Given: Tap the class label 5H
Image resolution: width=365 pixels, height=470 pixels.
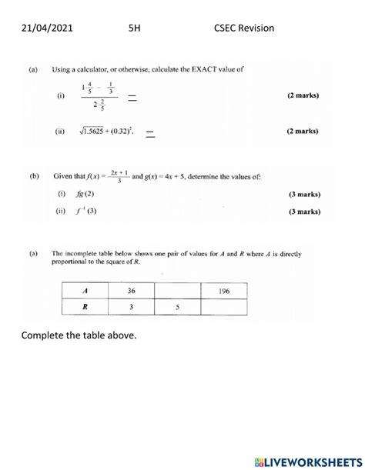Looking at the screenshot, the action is [x=136, y=28].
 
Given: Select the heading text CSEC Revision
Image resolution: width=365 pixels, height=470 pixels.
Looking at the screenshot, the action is [x=243, y=28].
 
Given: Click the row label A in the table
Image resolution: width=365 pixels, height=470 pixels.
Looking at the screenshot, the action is [x=85, y=291].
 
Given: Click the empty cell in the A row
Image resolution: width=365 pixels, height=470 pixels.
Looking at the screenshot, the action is [x=177, y=291].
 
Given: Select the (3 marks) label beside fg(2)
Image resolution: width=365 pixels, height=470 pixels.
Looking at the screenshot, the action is [x=296, y=194].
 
